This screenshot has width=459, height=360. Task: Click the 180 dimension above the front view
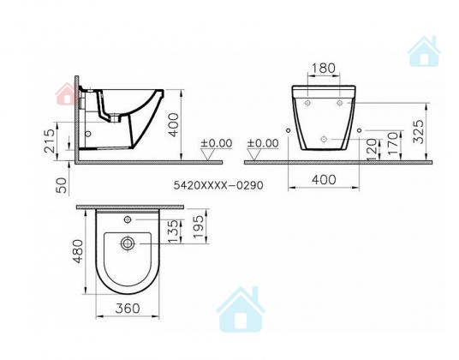tap(324, 68)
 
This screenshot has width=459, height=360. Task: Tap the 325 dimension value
tap(419, 131)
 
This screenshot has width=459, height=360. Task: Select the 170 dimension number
tap(393, 143)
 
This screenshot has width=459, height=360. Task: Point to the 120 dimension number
tap(372, 149)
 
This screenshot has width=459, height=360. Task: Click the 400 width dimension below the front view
tap(324, 179)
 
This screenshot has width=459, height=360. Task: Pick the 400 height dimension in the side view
tap(174, 125)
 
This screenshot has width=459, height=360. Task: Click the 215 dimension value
tap(50, 141)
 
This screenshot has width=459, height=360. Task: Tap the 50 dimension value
tap(62, 186)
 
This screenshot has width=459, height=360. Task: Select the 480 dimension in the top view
tap(78, 251)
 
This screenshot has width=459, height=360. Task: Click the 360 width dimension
tap(128, 309)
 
